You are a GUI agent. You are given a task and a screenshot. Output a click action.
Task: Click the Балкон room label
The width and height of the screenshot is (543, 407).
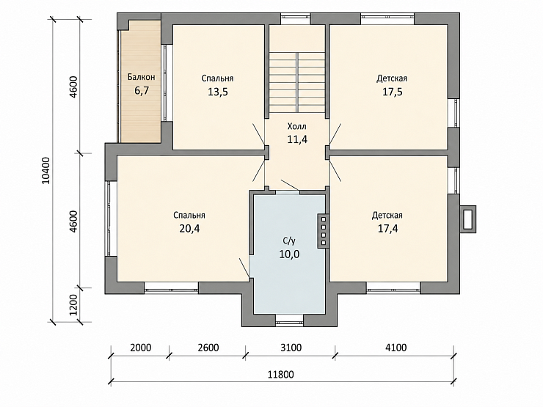point(142,77)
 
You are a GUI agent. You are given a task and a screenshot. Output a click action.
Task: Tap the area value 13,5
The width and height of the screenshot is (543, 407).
point(218,92)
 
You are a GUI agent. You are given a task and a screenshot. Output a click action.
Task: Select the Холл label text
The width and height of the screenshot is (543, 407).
point(297,126)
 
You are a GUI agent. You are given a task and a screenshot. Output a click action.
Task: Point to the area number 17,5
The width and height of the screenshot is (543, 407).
point(393,92)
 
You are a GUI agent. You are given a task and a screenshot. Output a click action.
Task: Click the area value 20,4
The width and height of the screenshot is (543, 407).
point(189,228)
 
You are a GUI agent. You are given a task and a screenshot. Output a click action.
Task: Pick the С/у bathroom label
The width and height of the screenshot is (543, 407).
point(289,241)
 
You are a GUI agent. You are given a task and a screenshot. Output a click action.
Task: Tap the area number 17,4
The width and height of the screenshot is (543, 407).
point(388,228)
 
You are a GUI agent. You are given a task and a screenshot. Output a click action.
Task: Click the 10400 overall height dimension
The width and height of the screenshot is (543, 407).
point(46,170)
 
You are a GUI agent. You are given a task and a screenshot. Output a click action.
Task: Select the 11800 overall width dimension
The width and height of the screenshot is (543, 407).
point(281,374)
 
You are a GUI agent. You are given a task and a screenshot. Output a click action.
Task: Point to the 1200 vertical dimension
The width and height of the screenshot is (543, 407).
point(73,305)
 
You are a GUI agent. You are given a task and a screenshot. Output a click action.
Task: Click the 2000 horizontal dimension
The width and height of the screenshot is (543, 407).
point(141,347)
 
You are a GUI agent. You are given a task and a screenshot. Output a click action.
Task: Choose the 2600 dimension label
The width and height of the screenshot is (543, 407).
point(208,347)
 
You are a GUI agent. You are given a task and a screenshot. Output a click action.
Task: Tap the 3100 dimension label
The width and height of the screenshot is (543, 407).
point(291,347)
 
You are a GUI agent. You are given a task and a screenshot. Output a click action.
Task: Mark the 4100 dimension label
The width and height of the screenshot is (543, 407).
point(396,347)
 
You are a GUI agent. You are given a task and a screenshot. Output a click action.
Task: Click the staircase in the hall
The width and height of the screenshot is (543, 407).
point(297,82)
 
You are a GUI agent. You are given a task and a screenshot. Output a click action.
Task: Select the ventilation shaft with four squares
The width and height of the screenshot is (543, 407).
point(323,230)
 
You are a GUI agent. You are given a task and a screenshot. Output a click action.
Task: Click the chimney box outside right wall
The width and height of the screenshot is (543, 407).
point(468,219)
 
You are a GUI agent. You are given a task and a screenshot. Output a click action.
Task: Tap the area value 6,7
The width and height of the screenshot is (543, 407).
point(142,91)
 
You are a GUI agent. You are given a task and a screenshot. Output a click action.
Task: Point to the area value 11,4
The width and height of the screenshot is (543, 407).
point(297,139)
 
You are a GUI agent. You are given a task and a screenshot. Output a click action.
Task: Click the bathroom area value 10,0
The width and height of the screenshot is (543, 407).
point(290,254)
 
